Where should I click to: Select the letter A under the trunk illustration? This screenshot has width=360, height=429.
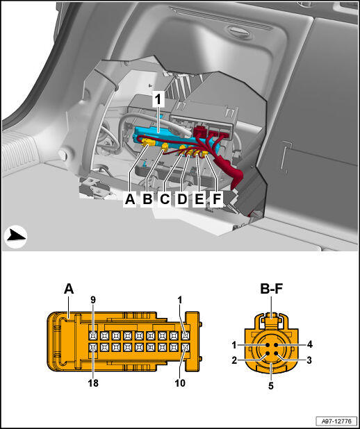pos(130,199)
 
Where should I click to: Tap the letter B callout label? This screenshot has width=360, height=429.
pos(147,199)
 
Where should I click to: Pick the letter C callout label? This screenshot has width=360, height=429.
pos(165,199)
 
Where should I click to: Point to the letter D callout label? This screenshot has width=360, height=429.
pos(182,199)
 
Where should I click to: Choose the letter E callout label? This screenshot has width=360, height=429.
pos(199,199)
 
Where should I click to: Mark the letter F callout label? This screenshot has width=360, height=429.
pos(217,199)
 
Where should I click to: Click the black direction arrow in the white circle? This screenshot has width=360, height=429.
pos(16,236)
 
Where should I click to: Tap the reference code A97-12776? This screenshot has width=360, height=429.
pos(336,421)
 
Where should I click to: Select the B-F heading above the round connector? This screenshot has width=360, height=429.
pos(271,289)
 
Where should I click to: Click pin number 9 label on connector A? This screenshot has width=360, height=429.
pos(93,300)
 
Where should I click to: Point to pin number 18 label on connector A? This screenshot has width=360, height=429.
pos(93,382)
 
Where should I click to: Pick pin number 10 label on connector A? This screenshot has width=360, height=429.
pos(180,382)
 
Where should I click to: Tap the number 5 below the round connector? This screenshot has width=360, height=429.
pos(270,386)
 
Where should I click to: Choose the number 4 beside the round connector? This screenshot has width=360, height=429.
pos(309,344)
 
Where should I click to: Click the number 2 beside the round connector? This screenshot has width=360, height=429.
pos(234,360)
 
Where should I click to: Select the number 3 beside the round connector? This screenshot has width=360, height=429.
pos(309,360)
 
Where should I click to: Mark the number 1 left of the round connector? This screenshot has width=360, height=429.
pos(234,345)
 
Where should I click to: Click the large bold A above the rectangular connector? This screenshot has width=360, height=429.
pos(69,289)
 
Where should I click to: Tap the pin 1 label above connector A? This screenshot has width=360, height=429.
pos(180,300)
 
